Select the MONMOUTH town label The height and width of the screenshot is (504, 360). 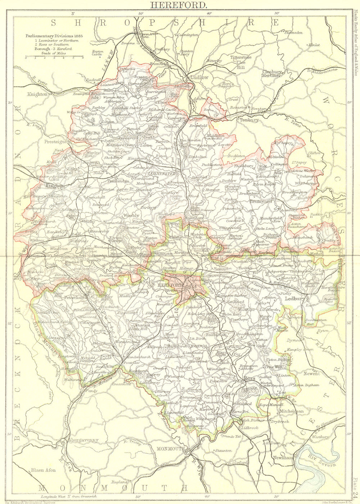(x=170, y=449)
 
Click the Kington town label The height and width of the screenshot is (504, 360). (x=54, y=186)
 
